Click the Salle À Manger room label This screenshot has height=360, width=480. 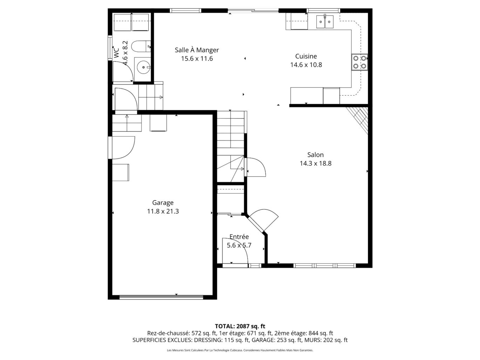tap(197, 50)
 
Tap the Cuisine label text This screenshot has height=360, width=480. tap(306, 56)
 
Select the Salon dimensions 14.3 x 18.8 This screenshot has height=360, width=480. tap(315, 163)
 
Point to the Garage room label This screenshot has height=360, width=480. tap(163, 202)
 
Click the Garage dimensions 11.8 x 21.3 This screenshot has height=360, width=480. tap(163, 211)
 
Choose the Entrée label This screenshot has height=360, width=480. tap(239, 237)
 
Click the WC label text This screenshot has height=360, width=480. tap(116, 53)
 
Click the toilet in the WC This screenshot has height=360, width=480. tap(142, 46)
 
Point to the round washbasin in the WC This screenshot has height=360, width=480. tap(143, 67)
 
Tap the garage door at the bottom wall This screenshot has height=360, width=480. tap(161, 297)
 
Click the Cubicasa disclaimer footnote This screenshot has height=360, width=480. tap(240, 350)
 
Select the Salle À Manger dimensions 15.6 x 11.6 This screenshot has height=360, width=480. tap(197, 59)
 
